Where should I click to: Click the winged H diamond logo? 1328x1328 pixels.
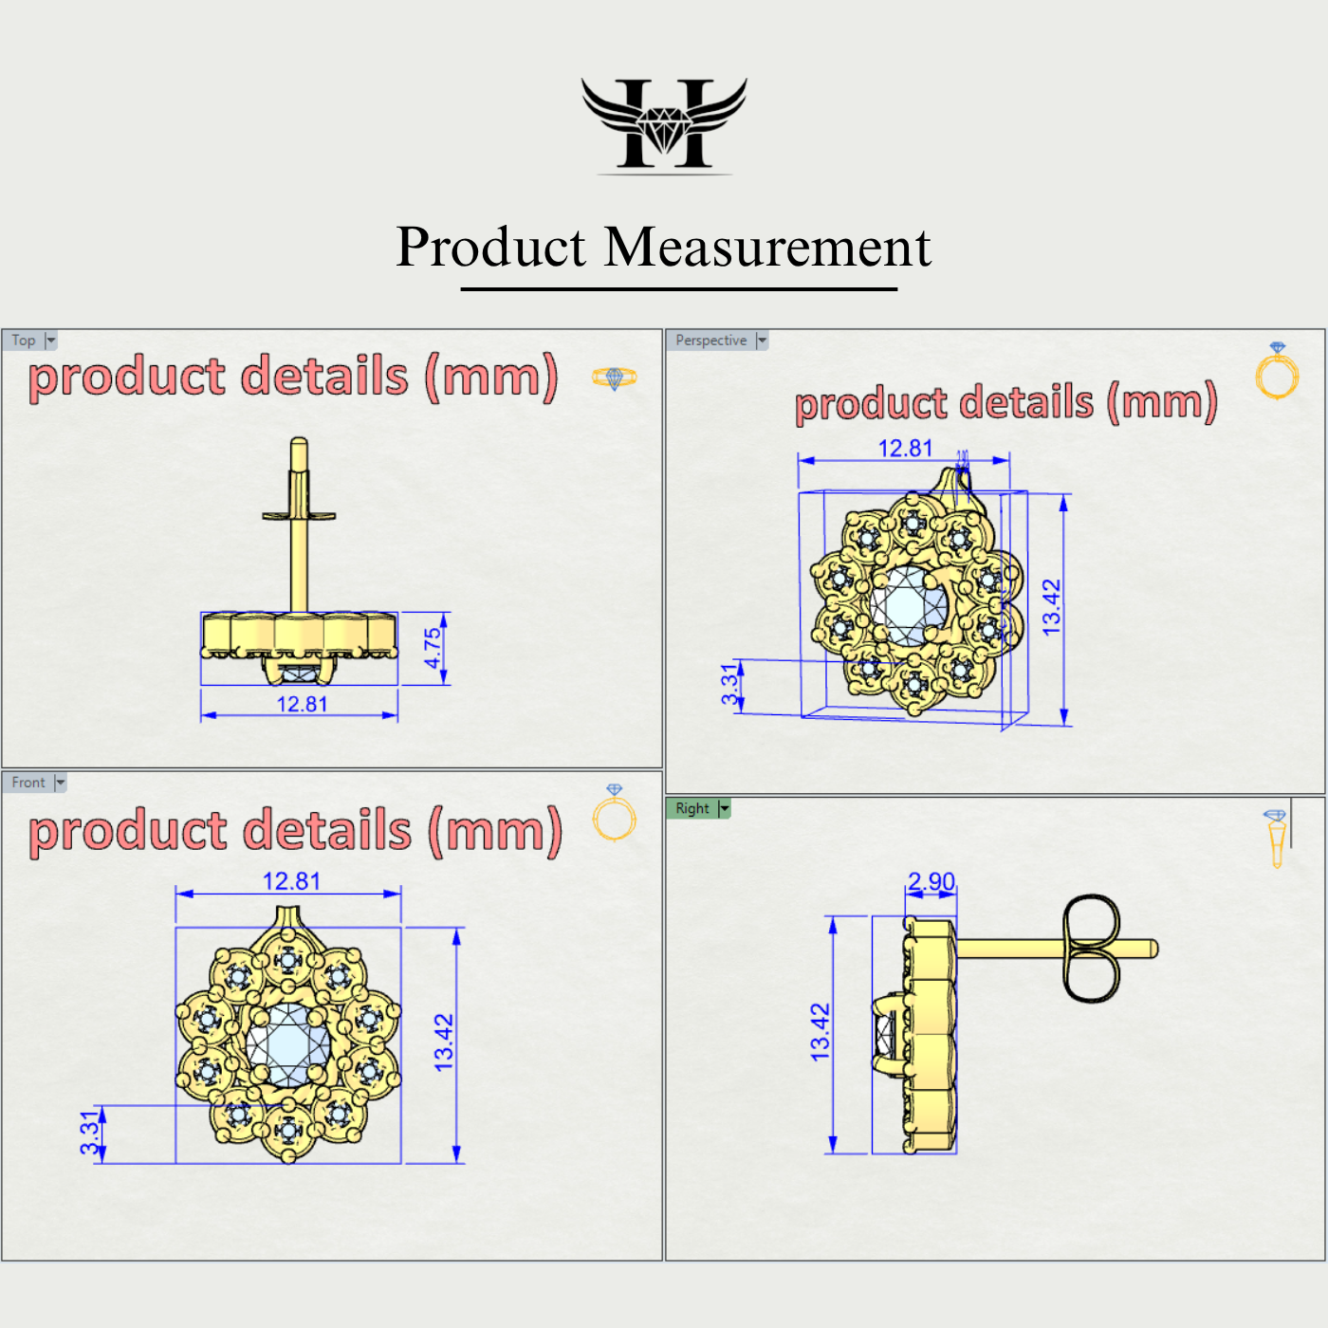(x=664, y=123)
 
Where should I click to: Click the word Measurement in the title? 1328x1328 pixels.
(x=767, y=248)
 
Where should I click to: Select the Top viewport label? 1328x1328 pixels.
(x=24, y=341)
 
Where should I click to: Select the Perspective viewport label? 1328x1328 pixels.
(x=710, y=341)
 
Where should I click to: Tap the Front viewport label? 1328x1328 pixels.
(x=28, y=783)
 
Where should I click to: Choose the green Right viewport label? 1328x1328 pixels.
(x=692, y=808)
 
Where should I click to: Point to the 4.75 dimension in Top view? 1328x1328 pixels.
(x=433, y=648)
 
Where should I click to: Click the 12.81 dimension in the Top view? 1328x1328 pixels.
(x=302, y=704)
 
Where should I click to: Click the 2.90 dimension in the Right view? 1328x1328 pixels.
(x=931, y=881)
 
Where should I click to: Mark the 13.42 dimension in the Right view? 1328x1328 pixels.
(x=821, y=1031)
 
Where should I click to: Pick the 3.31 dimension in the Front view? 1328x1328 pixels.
(x=90, y=1133)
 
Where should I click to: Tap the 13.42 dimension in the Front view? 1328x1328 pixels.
(x=444, y=1042)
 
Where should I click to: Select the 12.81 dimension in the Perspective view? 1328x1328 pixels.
(x=905, y=449)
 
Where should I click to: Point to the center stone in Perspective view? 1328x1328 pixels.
(x=909, y=606)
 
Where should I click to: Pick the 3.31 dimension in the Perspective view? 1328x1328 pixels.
(x=729, y=684)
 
